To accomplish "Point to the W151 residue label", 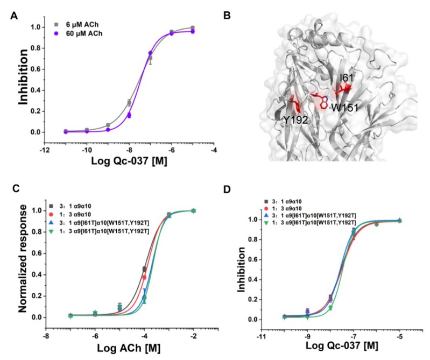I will tap(344, 108).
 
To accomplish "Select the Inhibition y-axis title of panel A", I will tap(23, 77).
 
